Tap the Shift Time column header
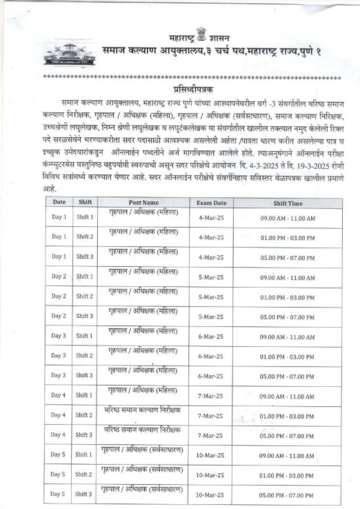click(x=288, y=203)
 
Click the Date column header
click(x=59, y=202)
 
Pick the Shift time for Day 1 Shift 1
click(x=288, y=218)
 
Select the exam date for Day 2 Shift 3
click(x=211, y=316)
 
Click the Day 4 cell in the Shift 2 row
click(x=59, y=415)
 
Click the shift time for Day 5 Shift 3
click(x=288, y=495)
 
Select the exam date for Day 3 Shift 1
click(x=211, y=337)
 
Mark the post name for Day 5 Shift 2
click(x=143, y=468)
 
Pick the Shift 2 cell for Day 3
click(x=85, y=355)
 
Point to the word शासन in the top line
click(x=218, y=37)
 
